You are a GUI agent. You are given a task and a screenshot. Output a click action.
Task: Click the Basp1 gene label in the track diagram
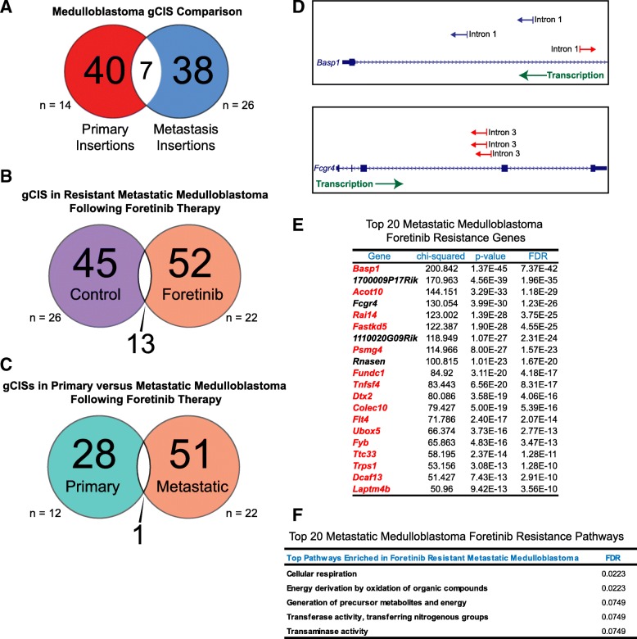click(329, 62)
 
